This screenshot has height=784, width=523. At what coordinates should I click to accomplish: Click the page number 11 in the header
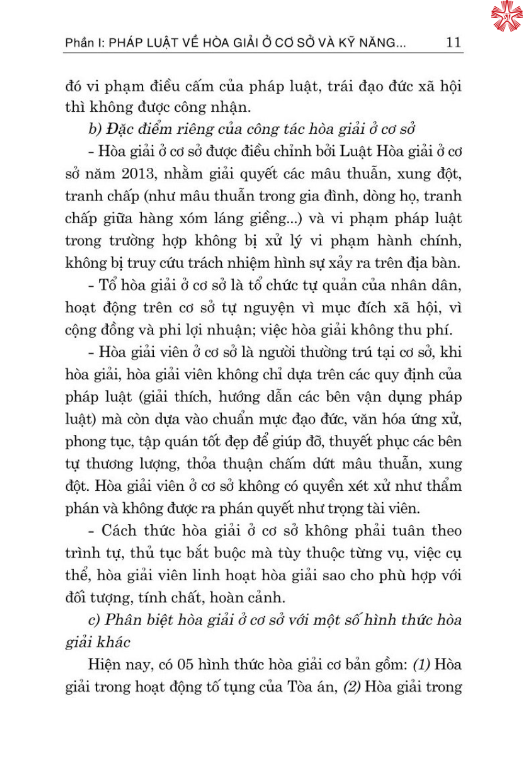[x=453, y=42]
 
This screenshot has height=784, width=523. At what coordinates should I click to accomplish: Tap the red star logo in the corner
[x=506, y=16]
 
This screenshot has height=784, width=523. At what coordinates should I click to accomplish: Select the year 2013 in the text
[x=138, y=174]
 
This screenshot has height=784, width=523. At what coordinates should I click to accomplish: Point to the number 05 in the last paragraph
[x=185, y=665]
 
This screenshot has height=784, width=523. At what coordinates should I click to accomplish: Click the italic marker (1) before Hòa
[x=422, y=665]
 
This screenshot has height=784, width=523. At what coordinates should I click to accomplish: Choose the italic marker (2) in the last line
[x=352, y=687]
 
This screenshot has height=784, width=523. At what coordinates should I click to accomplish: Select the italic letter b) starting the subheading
[x=95, y=129]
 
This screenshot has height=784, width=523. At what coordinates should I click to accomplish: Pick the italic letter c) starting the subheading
[x=94, y=620]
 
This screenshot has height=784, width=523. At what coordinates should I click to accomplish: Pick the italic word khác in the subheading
[x=113, y=642]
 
